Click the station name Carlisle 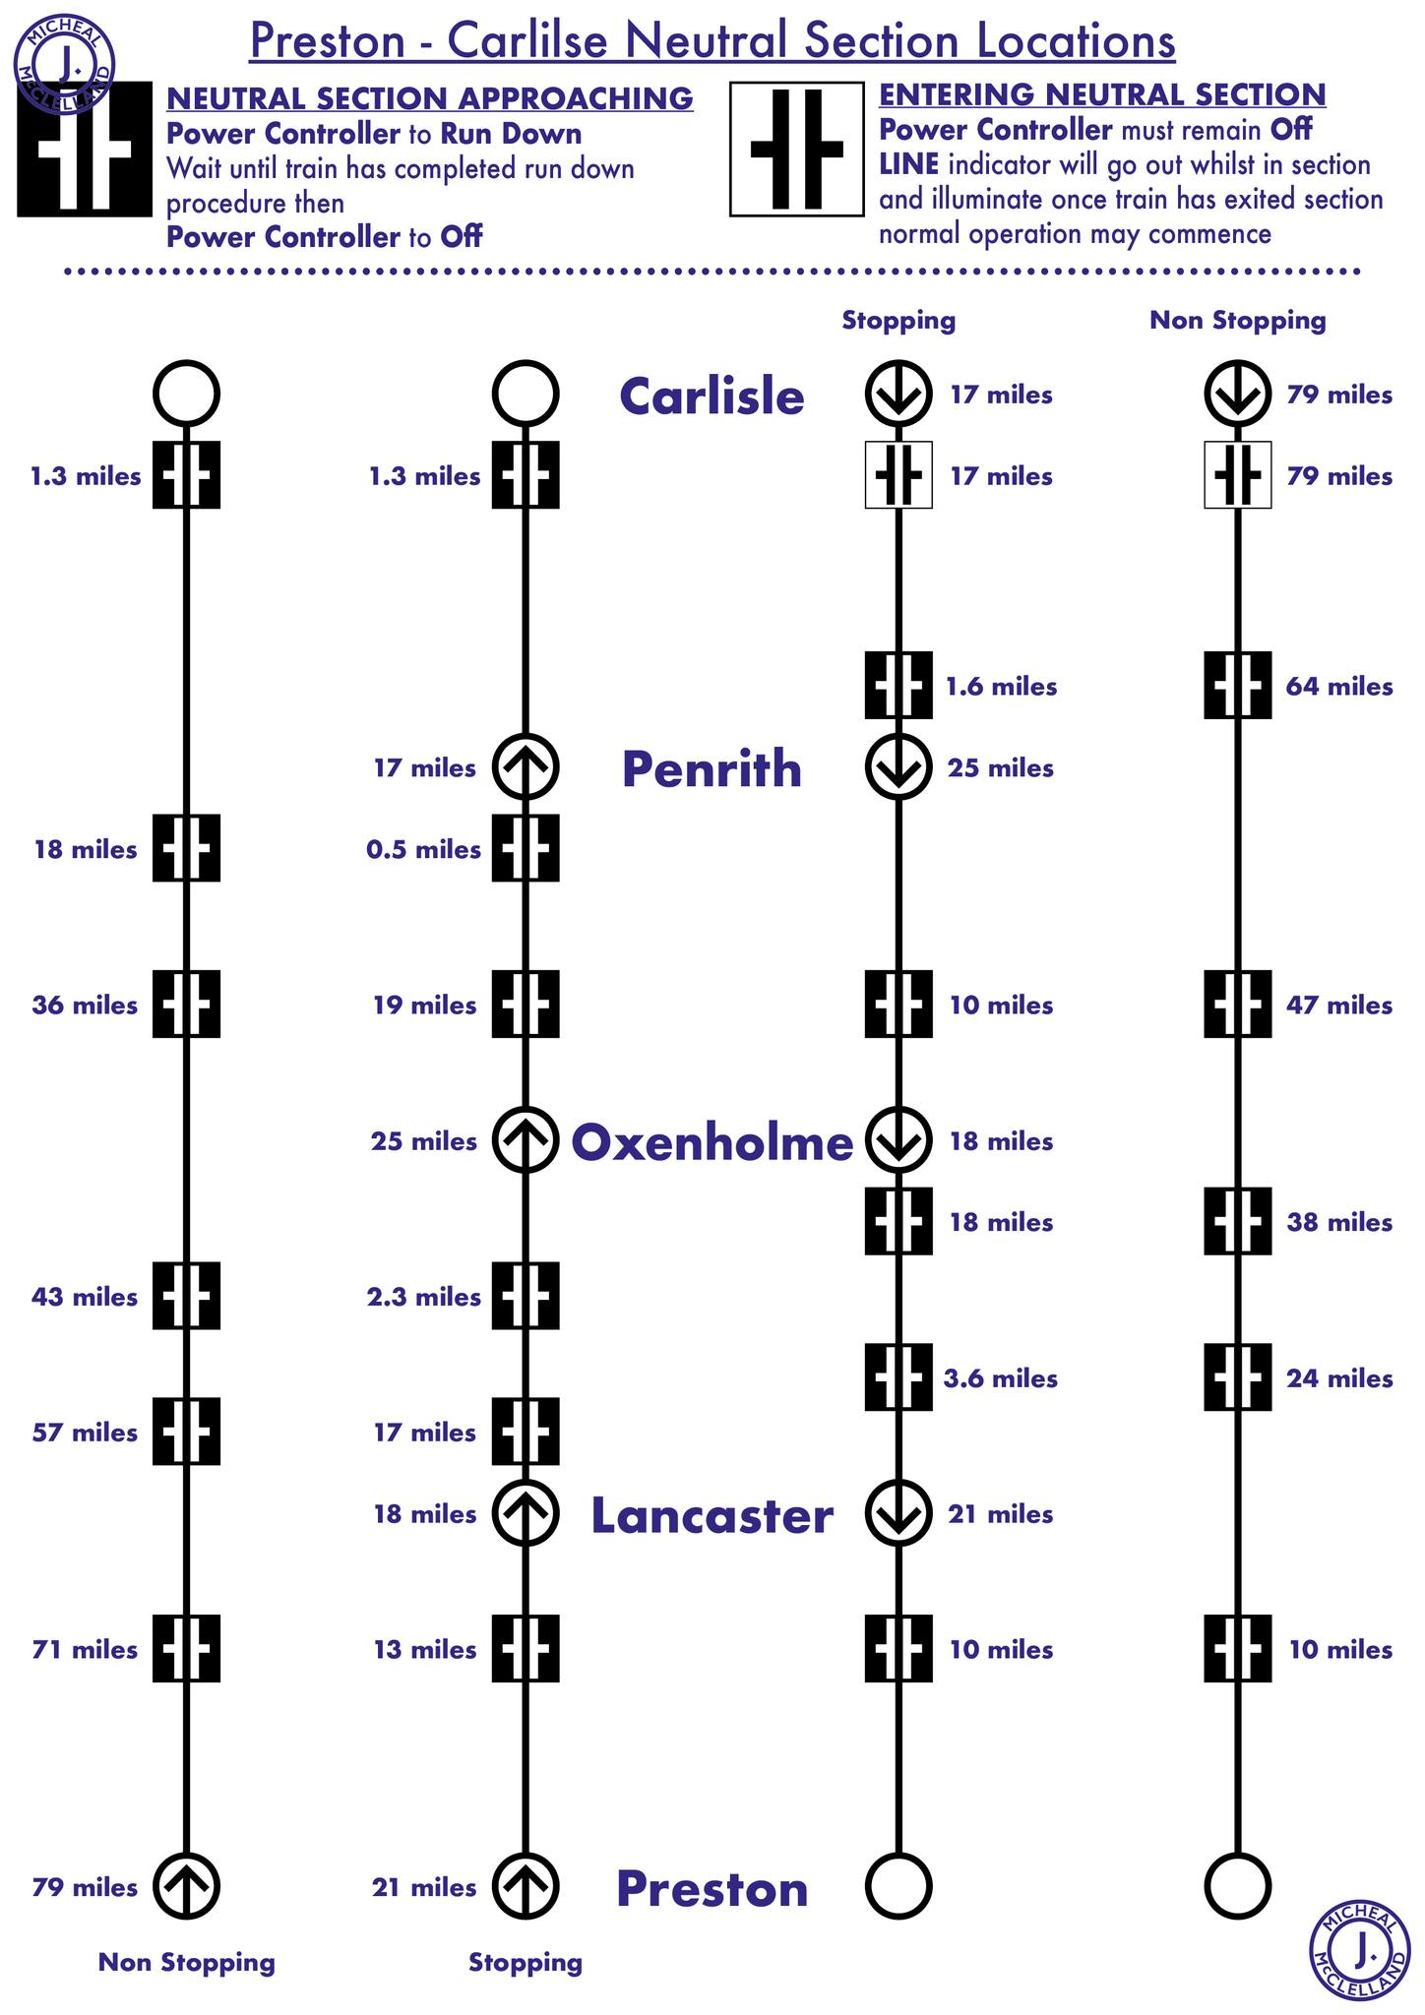point(712,397)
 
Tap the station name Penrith point(712,768)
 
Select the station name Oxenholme point(712,1142)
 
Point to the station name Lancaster point(712,1515)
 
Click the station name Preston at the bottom point(712,1889)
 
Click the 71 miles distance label point(85,1650)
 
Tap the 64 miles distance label point(1339,687)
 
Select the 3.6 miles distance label point(1000,1378)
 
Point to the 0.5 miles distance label point(423,850)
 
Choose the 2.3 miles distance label point(423,1298)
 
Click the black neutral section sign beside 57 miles point(186,1432)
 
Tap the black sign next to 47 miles point(1237,1005)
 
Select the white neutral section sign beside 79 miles point(1237,475)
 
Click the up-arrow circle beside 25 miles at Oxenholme point(526,1140)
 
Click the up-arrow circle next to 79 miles point(186,1886)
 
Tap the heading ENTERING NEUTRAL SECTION point(1101,94)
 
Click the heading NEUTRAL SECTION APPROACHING point(429,98)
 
